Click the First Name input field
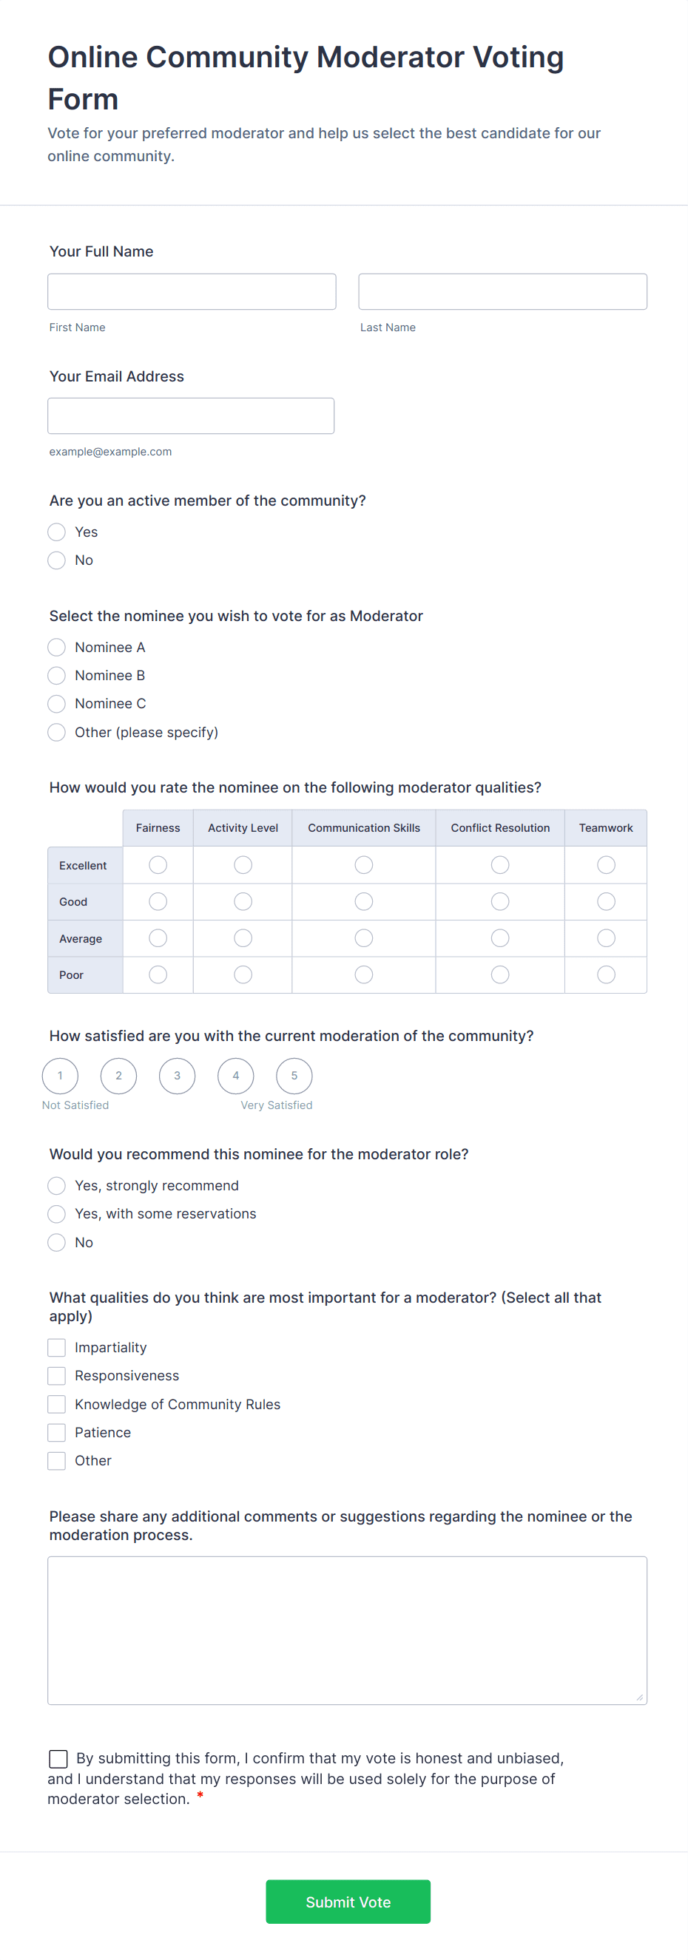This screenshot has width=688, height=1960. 191,291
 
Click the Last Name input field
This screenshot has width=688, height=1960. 502,291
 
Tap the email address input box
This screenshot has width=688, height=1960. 190,416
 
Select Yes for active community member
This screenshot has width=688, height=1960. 56,532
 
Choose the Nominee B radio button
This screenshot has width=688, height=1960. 56,676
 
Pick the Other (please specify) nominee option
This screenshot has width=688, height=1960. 56,732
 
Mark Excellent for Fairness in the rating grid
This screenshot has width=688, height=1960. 158,865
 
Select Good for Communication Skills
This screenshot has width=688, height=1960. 364,902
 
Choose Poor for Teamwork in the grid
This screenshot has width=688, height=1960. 606,974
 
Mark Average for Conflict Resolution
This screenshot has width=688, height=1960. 500,938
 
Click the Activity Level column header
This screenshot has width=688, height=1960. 243,828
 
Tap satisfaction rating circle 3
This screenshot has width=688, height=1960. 178,1076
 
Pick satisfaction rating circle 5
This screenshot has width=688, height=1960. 294,1076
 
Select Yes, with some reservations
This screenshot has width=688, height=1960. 56,1213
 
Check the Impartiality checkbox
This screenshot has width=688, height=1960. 56,1348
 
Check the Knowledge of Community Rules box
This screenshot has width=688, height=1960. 56,1404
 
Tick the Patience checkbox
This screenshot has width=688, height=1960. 56,1433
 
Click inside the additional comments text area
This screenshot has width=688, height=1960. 347,1630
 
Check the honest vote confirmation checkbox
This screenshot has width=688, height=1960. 58,1758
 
